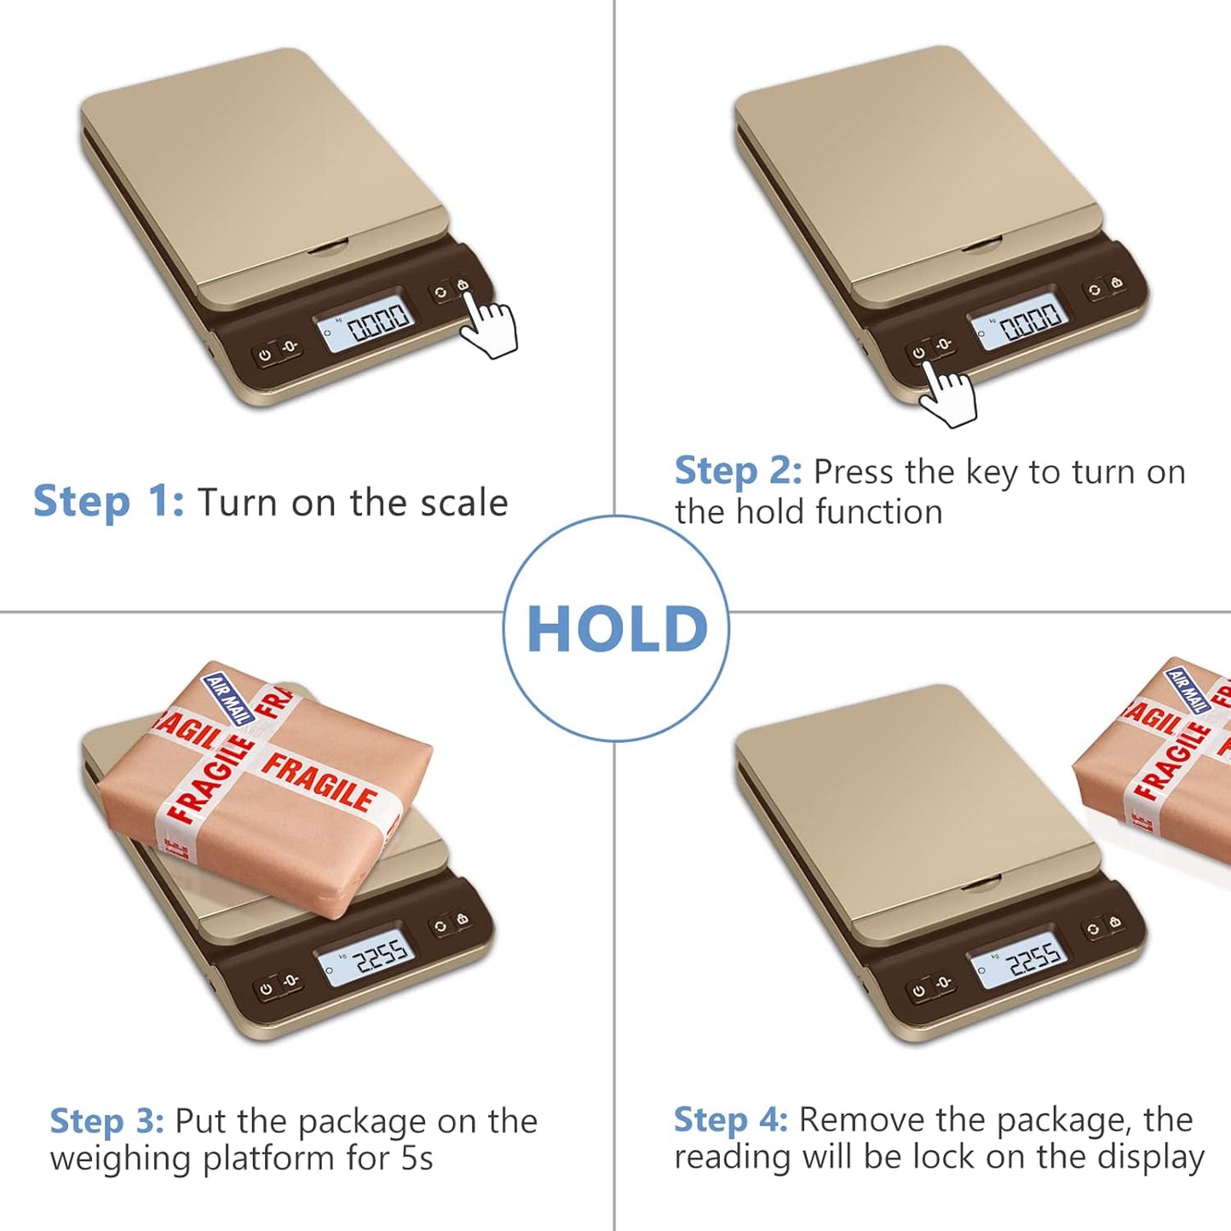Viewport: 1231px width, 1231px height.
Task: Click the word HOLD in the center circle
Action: (617, 630)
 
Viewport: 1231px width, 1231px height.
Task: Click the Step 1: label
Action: (108, 502)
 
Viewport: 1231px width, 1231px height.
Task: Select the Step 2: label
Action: (738, 471)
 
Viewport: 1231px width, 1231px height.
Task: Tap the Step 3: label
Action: (106, 1121)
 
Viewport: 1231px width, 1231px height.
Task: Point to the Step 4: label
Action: (731, 1119)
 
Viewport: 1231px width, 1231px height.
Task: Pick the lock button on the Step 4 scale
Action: (1114, 923)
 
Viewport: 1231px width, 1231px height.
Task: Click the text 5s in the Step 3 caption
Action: (417, 1159)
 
